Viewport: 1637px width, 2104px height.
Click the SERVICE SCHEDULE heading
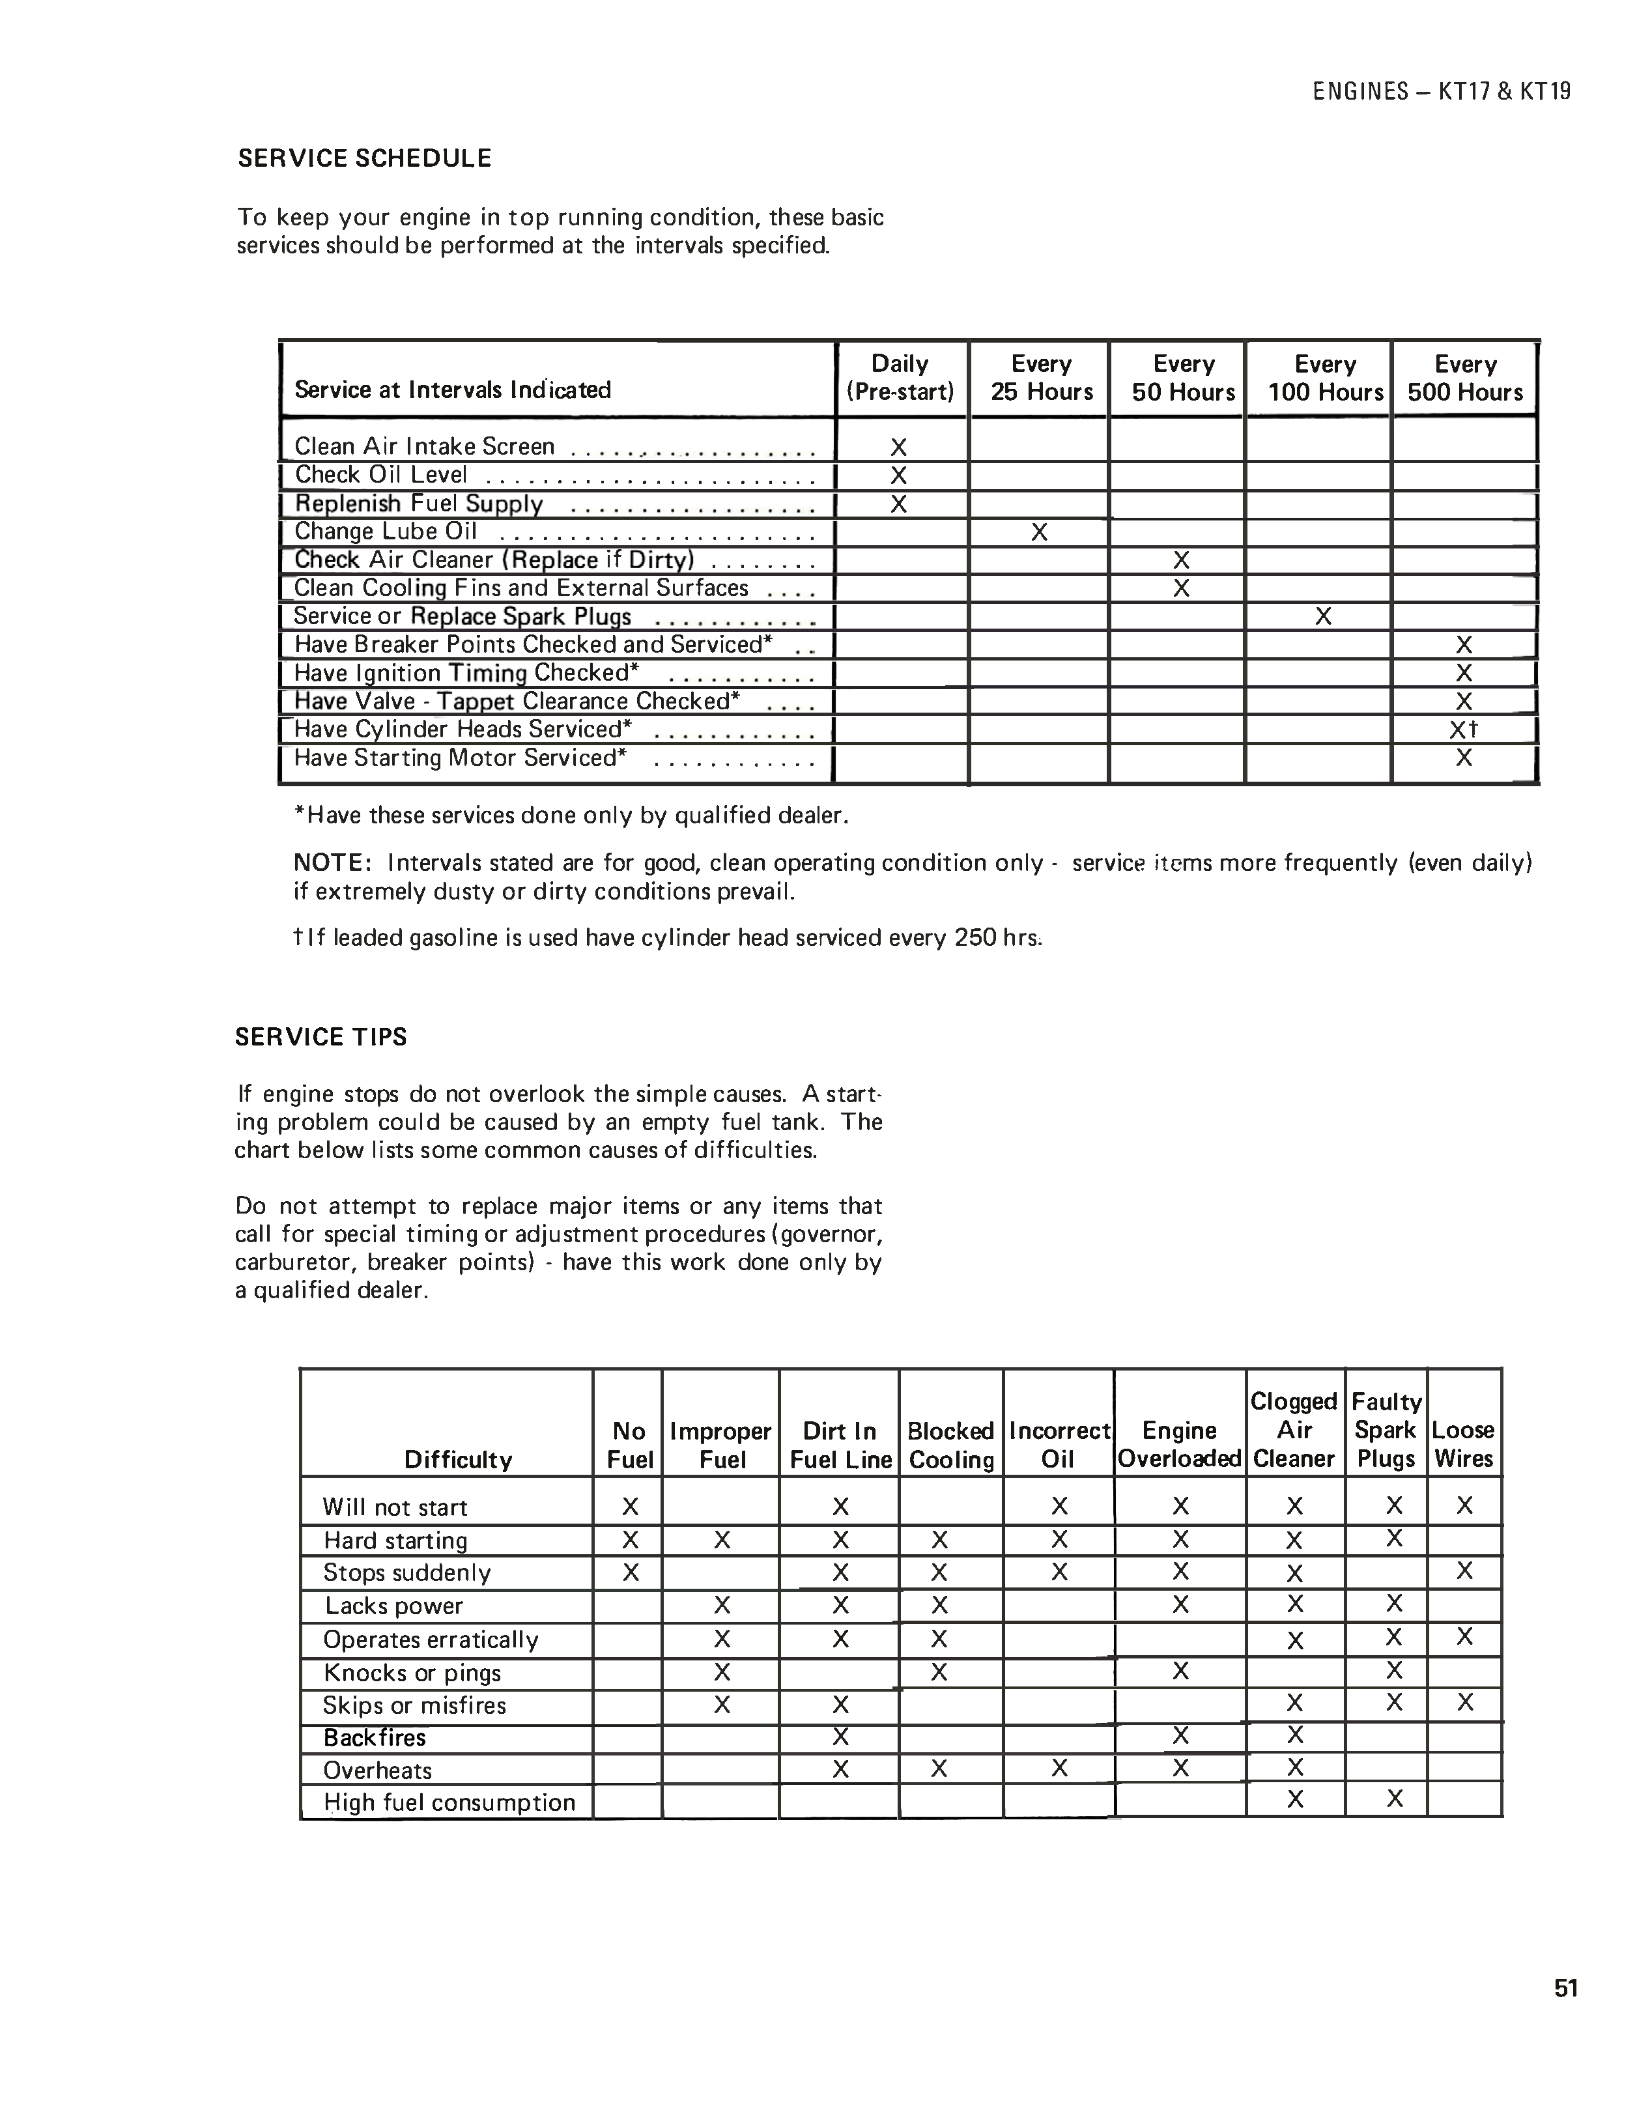point(364,159)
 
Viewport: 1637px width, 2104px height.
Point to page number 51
point(1566,1989)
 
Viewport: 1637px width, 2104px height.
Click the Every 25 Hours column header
point(1042,378)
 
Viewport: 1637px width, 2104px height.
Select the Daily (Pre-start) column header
point(900,378)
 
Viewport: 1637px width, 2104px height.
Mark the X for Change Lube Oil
point(1038,532)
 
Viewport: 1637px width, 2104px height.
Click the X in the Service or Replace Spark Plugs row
point(1323,617)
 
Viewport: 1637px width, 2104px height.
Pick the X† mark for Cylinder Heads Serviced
point(1464,730)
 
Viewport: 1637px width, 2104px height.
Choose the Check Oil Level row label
point(380,475)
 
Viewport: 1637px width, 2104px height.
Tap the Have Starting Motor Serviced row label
point(460,758)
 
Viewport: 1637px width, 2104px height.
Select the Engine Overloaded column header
point(1179,1444)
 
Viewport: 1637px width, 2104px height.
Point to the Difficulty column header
point(458,1460)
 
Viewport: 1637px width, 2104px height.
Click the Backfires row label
point(374,1738)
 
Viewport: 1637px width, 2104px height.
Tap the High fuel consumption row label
point(449,1802)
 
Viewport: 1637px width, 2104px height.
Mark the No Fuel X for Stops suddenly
point(630,1573)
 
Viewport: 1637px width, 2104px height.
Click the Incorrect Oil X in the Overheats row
point(1059,1768)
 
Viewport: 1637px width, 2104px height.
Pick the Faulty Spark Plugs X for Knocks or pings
point(1393,1670)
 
